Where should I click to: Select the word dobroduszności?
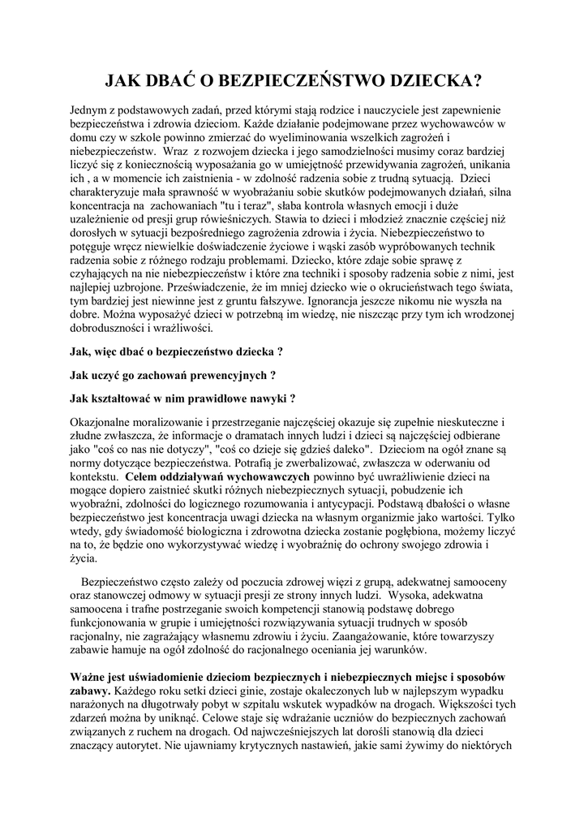pos(112,329)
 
